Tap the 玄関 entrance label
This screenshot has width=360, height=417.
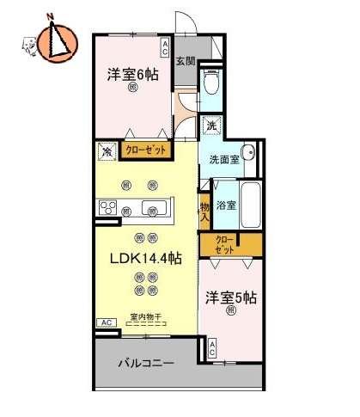(186, 61)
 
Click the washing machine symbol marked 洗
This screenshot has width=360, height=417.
(211, 126)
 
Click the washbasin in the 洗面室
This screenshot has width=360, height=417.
(247, 154)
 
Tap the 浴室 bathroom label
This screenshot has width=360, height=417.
(226, 206)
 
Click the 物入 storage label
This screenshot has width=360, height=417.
(204, 212)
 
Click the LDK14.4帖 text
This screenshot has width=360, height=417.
(143, 256)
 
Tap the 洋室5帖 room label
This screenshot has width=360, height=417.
(230, 297)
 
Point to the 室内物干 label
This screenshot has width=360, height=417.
(146, 317)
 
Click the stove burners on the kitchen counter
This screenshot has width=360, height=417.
(110, 207)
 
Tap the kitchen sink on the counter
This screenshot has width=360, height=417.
(155, 208)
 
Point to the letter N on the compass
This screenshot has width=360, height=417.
(52, 16)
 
